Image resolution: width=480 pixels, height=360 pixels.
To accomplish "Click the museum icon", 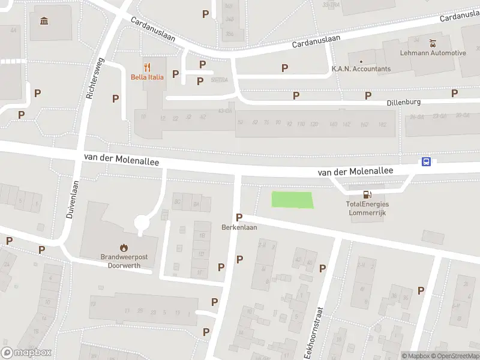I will (x=44, y=22).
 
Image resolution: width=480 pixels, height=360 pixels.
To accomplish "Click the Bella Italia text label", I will (x=147, y=77).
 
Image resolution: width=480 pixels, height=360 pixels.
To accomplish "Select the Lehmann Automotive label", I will (x=433, y=53).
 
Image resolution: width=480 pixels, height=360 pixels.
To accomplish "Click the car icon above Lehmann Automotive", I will (x=433, y=43).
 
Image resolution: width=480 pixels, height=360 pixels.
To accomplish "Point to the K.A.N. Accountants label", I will (x=361, y=69).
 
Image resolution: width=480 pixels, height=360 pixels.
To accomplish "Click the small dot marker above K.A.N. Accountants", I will (x=361, y=61).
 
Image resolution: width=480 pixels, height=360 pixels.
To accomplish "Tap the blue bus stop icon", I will (x=426, y=161).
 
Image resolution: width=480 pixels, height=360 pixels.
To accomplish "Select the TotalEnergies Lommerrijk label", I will (x=367, y=208).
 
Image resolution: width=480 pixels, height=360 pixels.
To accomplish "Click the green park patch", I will (x=293, y=200).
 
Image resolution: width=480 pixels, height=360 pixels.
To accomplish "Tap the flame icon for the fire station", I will (x=124, y=247).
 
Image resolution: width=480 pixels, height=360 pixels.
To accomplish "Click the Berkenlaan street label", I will (x=239, y=228).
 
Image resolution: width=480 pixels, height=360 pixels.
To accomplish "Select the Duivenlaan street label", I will (x=70, y=200).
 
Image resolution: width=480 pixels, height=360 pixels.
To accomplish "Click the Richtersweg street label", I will (x=95, y=78).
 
